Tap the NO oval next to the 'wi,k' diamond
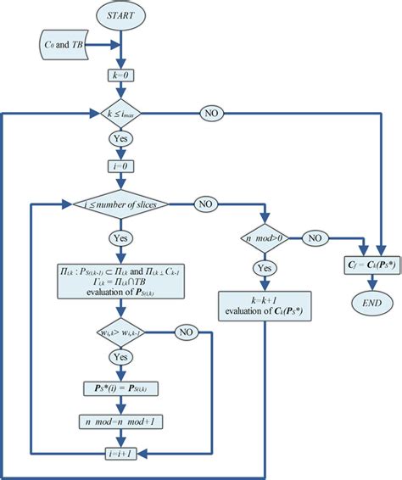184,332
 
